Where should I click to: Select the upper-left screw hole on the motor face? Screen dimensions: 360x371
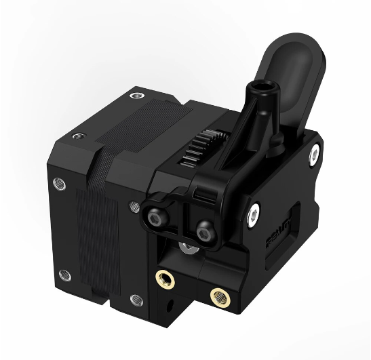coord(58,184)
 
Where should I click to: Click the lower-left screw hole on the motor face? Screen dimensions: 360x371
coord(64,275)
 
